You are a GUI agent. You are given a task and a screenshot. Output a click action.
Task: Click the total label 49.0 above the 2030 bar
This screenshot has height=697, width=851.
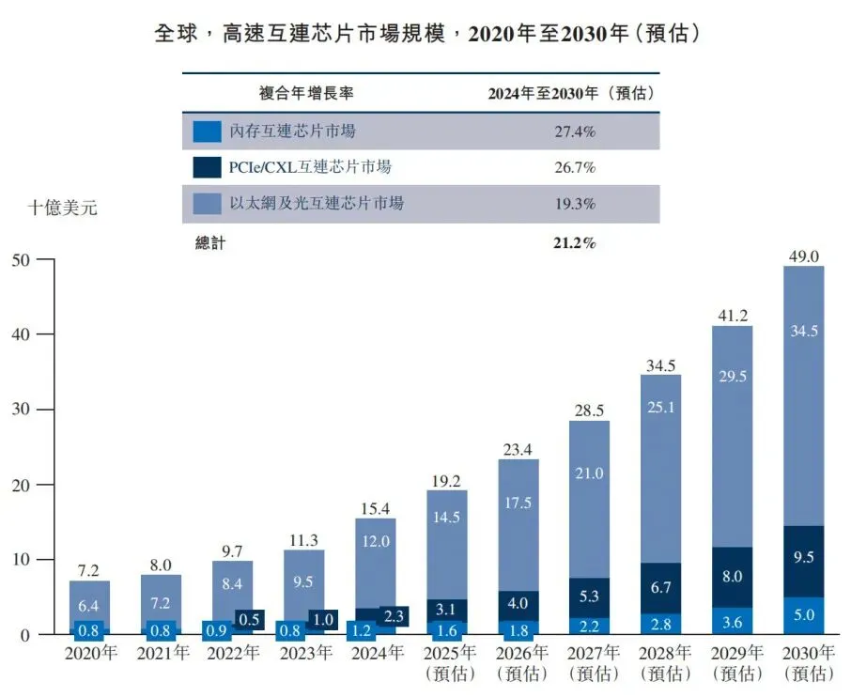[x=804, y=256]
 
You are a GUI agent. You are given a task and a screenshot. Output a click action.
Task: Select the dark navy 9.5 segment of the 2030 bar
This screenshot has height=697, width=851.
[x=804, y=562]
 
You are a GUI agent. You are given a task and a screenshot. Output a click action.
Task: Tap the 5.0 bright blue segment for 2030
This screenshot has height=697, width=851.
[x=804, y=615]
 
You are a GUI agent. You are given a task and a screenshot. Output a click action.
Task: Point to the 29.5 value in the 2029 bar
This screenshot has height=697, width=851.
[x=733, y=376]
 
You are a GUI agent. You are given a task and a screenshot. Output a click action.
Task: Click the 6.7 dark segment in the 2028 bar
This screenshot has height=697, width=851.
[x=660, y=588]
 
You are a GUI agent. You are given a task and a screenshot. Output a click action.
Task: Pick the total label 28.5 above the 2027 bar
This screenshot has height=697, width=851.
[x=589, y=410]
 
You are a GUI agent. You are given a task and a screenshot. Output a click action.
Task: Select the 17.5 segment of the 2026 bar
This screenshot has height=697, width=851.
[x=518, y=525]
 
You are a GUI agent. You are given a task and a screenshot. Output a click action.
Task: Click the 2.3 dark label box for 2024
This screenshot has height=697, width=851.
[x=394, y=616]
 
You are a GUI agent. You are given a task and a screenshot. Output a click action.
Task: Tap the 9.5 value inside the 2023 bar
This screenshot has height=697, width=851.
[x=303, y=581]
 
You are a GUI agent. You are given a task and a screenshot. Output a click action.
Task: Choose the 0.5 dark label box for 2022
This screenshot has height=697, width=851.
[x=249, y=619]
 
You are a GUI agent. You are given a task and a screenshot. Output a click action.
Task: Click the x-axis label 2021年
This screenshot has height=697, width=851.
[x=162, y=653]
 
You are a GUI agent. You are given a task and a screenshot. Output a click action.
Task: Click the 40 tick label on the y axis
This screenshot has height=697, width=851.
[x=21, y=334]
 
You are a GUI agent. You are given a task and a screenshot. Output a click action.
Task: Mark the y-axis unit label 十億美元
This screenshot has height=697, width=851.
[x=62, y=208]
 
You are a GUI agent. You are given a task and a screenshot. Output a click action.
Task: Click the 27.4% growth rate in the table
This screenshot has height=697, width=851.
[x=575, y=132]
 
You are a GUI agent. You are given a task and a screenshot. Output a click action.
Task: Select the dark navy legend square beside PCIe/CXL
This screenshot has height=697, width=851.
[x=208, y=167]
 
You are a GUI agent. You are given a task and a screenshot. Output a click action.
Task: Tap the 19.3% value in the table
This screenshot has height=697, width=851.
[x=575, y=204]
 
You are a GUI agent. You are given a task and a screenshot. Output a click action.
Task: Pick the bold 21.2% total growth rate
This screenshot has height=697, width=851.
[x=575, y=242]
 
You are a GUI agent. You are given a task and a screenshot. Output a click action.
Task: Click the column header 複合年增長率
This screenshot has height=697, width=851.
[x=306, y=93]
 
